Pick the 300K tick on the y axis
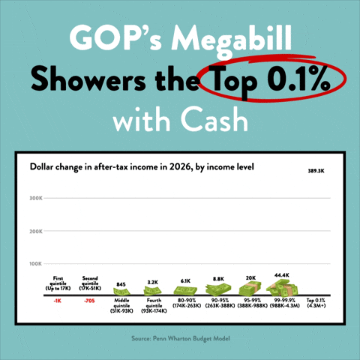click(36, 198)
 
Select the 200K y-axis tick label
click(36, 231)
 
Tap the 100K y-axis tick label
click(36, 264)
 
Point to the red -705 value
click(89, 301)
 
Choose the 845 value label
click(121, 284)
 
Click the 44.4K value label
click(282, 275)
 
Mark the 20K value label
click(250, 277)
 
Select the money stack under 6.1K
click(184, 290)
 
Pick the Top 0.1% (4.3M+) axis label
click(316, 303)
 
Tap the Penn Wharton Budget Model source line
click(180, 338)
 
